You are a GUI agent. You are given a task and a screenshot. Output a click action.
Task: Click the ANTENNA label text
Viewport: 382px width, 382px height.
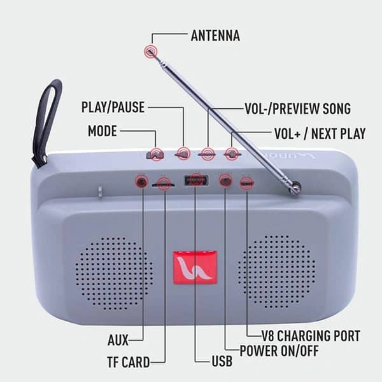215,36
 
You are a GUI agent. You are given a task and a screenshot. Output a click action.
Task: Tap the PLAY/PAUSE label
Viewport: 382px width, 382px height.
113,107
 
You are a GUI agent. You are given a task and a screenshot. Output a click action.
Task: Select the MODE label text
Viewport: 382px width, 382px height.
102,131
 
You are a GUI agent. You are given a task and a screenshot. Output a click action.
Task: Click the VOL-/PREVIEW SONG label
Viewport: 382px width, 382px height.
297,108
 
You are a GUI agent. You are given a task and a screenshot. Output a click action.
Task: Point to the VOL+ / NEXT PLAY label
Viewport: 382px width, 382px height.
319,134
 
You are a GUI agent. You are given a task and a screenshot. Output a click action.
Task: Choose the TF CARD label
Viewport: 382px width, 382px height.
127,362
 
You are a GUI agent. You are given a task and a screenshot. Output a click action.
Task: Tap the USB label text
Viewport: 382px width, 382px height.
222,362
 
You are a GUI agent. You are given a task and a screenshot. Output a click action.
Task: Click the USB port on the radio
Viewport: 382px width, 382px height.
195,181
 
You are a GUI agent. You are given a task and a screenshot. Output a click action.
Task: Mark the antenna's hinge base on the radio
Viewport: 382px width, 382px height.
295,187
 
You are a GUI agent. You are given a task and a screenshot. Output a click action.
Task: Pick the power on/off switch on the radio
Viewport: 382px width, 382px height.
225,181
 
